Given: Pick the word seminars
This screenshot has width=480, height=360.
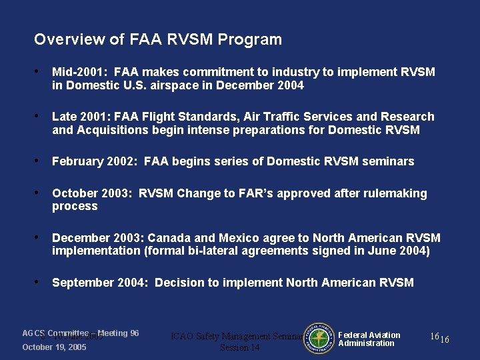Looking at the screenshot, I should pos(389,161).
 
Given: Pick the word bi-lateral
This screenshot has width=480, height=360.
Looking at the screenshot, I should pos(219,251).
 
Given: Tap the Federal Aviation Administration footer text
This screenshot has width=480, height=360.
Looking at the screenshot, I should pos(369,339).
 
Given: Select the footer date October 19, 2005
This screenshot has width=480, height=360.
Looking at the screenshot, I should pos(54,347).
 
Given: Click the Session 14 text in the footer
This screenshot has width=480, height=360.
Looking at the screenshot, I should pos(239,348).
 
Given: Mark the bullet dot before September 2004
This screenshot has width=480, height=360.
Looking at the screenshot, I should pos(41,283).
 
